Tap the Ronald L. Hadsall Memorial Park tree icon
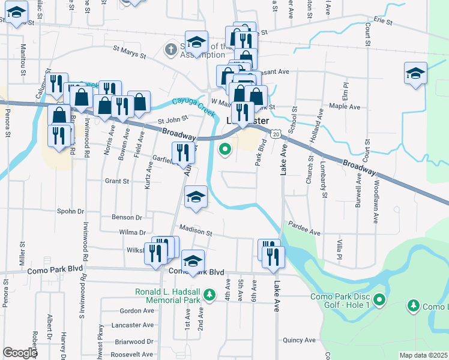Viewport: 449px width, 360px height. point(209,295)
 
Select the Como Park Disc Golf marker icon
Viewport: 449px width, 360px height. point(379,299)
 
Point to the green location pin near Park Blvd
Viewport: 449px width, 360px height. point(225,149)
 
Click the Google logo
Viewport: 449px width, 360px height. point(20,353)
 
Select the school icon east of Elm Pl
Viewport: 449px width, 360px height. point(415,74)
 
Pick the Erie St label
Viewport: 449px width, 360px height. point(382,22)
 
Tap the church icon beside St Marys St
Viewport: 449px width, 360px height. point(171,49)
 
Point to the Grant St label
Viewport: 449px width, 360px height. point(117,181)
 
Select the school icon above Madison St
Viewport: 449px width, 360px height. point(195,197)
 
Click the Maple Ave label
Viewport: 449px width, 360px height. point(345,107)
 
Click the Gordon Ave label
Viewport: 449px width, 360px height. point(137,311)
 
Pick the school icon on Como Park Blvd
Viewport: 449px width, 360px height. point(193,261)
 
